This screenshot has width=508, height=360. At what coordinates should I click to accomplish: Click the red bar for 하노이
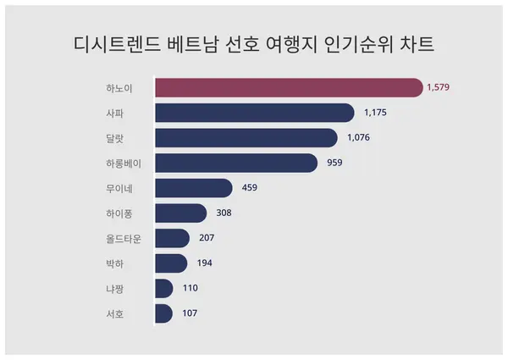(288, 87)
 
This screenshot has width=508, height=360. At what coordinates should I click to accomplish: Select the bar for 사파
(254, 113)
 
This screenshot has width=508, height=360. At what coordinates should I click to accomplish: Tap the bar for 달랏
(246, 138)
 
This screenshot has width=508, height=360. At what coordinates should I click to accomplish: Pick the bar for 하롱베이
(236, 163)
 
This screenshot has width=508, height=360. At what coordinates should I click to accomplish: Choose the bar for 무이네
(194, 188)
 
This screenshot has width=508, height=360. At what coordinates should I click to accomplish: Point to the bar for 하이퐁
(181, 213)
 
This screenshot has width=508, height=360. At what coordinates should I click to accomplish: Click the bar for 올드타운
(173, 238)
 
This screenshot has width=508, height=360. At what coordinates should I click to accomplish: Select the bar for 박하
(171, 263)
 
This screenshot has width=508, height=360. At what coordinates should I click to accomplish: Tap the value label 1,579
(440, 87)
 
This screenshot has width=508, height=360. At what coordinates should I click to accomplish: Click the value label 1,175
(376, 113)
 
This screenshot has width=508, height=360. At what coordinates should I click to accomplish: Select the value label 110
(190, 289)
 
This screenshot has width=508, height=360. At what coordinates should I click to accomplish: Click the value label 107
(190, 314)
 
